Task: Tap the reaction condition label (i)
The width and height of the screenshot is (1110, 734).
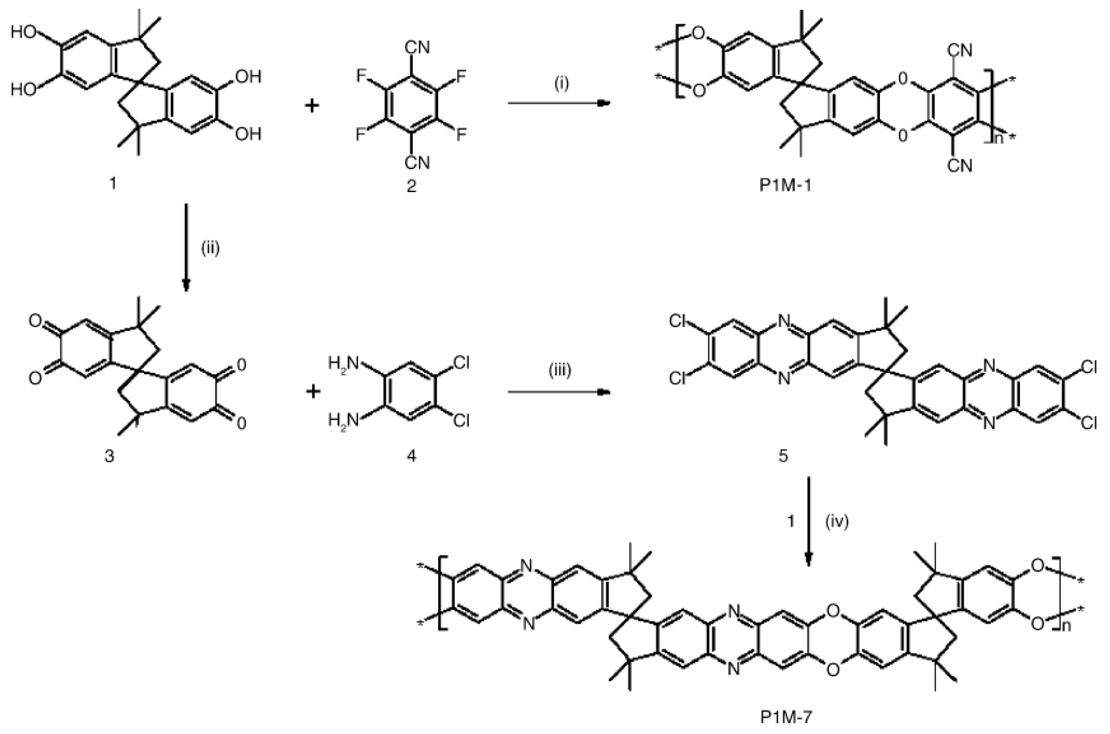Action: (561, 86)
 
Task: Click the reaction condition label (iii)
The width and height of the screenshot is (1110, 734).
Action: (560, 372)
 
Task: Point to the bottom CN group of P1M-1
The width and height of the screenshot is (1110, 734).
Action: (960, 165)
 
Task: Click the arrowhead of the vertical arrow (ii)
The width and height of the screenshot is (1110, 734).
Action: (186, 285)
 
